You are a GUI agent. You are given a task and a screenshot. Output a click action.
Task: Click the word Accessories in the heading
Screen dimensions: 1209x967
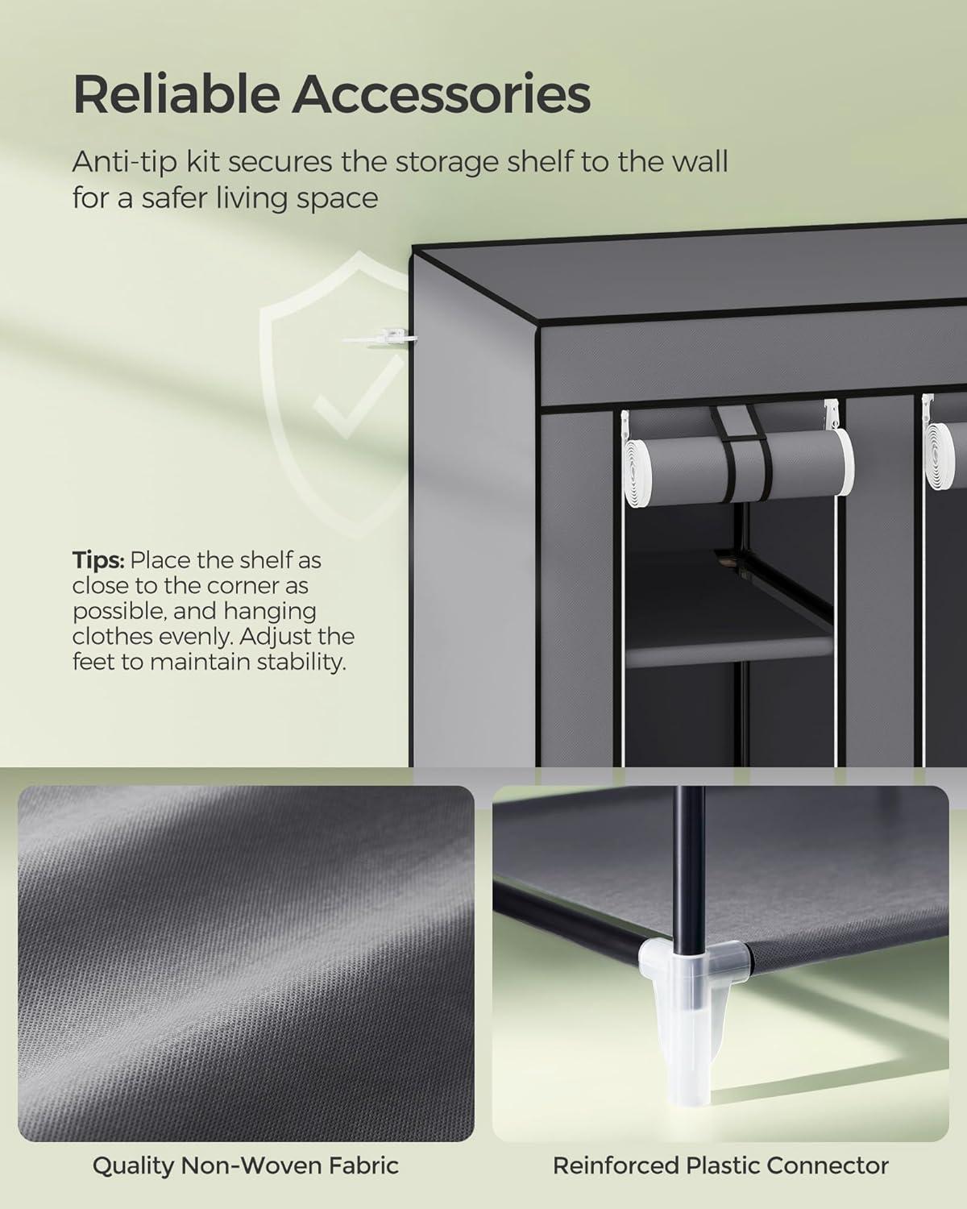pyautogui.click(x=441, y=94)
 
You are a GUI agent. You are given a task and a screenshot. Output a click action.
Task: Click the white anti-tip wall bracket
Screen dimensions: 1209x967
pyautogui.click(x=379, y=336)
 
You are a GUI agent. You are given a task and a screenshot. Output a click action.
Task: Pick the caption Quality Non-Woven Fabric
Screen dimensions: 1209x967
pyautogui.click(x=246, y=1165)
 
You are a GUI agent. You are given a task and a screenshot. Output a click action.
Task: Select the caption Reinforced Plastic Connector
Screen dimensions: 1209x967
pyautogui.click(x=720, y=1165)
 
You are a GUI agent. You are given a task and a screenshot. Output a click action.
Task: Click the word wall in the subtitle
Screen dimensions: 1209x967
pyautogui.click(x=696, y=162)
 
